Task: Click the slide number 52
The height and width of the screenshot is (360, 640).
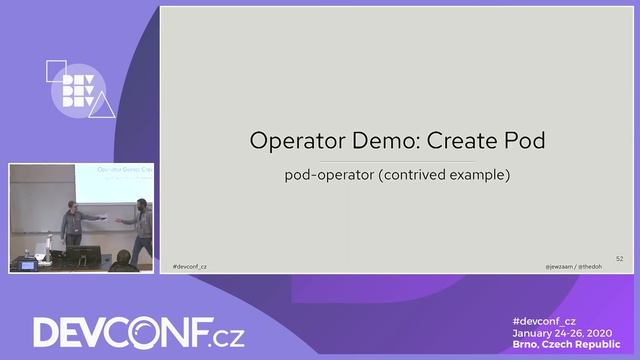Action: tap(619, 258)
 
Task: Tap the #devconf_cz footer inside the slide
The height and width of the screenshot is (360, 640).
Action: tap(190, 267)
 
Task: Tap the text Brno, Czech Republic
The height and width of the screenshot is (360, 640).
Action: tap(567, 344)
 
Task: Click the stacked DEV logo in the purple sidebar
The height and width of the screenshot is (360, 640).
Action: tap(80, 88)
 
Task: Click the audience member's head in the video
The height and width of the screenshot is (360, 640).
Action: tap(123, 260)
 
